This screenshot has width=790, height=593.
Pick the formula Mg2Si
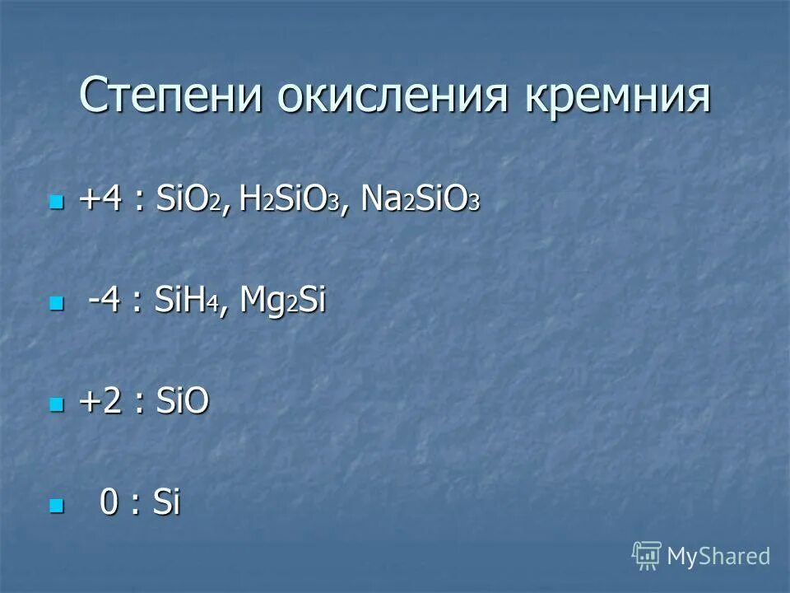tap(283, 302)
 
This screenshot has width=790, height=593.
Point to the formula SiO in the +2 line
tap(181, 403)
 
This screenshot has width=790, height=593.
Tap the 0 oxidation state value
tap(109, 502)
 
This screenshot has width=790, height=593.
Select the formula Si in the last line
tap(165, 502)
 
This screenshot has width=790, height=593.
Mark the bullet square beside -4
tap(56, 304)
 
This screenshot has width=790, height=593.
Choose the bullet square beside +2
tap(56, 404)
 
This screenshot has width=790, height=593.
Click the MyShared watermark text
tap(718, 556)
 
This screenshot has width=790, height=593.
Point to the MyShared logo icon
tap(647, 556)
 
